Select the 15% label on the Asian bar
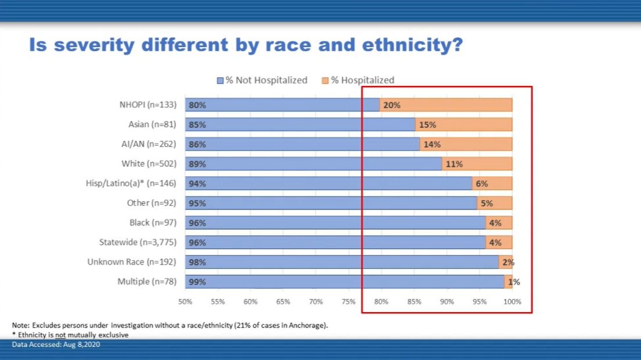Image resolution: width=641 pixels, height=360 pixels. point(427,125)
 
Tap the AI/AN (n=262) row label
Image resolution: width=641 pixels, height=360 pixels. point(149,144)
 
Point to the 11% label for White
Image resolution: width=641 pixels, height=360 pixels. point(454,164)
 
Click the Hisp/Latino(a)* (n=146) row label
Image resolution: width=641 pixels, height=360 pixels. point(131,184)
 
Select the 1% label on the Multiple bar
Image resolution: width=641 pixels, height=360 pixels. point(514,282)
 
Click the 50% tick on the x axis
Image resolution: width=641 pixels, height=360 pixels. point(185,302)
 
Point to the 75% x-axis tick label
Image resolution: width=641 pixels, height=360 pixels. point(349,302)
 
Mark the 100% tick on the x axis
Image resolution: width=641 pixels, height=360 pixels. point(512,302)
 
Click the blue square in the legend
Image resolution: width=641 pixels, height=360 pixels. point(220,80)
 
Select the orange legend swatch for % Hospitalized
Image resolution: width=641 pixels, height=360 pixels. point(325,80)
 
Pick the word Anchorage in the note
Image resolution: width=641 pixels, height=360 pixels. point(305,325)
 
